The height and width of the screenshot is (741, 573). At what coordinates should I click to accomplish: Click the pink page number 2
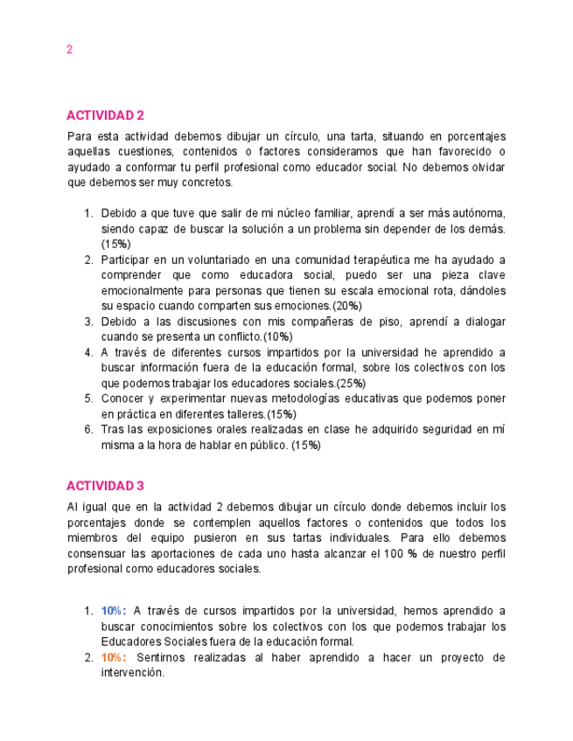69,50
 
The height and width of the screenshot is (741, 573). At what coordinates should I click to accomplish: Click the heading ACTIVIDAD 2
105,115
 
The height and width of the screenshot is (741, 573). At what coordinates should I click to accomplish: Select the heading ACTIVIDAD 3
105,486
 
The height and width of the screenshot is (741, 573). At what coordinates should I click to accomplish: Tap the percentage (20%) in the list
347,306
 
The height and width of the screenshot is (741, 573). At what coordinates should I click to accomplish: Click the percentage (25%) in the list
352,383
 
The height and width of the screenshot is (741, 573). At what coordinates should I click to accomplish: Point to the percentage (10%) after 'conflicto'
278,336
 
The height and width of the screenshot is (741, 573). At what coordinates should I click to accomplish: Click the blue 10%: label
114,611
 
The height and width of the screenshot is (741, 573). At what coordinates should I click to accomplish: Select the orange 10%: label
114,657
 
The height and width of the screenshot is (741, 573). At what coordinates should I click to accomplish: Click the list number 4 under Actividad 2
88,352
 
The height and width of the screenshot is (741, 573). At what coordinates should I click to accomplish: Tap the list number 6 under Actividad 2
88,429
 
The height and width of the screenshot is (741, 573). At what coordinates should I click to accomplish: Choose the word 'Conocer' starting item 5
122,398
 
